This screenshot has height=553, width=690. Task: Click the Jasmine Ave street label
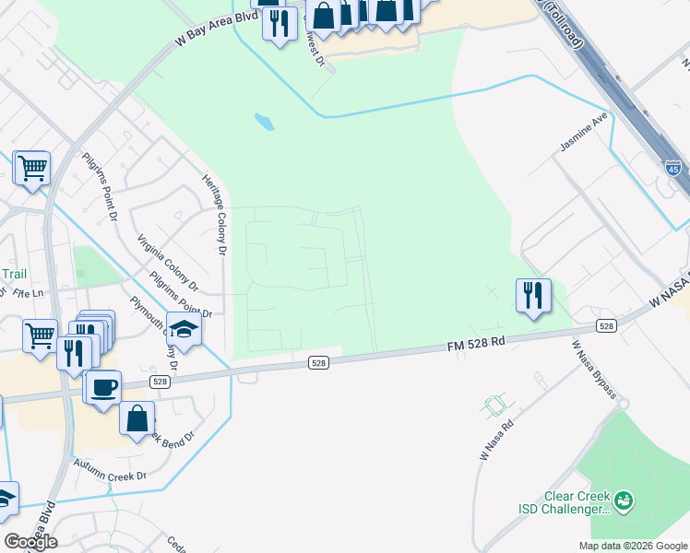585,133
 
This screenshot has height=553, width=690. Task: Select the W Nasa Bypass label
593,369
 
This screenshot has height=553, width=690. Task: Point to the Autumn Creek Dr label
111,470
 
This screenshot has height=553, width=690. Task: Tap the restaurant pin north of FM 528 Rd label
533,296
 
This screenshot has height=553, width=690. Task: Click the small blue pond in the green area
264,121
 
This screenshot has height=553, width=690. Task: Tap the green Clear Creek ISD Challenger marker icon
625,500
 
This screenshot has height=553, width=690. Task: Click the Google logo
30,541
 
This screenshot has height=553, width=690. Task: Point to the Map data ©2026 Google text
634,546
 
